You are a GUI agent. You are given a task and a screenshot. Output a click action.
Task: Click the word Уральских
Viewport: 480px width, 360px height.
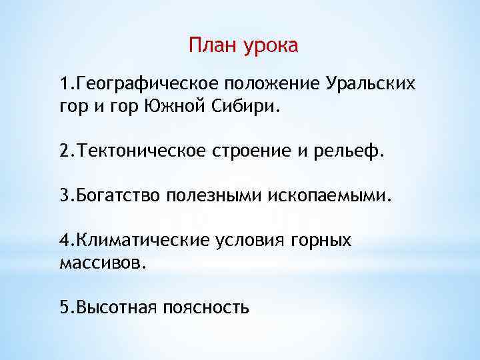[371, 85]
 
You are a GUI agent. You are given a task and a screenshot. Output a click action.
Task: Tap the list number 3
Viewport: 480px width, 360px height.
[63, 196]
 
